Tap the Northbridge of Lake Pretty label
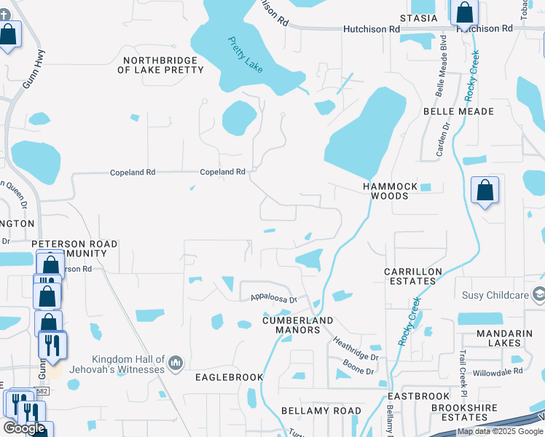pyautogui.click(x=160, y=65)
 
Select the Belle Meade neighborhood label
pyautogui.click(x=459, y=111)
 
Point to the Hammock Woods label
pyautogui.click(x=391, y=191)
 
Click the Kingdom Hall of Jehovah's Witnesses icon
pyautogui.click(x=175, y=363)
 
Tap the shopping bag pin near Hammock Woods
pyautogui.click(x=485, y=191)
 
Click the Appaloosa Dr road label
pyautogui.click(x=274, y=298)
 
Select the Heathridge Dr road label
pyautogui.click(x=356, y=347)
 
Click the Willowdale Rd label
pyautogui.click(x=498, y=370)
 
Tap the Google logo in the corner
pyautogui.click(x=24, y=428)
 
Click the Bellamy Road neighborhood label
pyautogui.click(x=321, y=412)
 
